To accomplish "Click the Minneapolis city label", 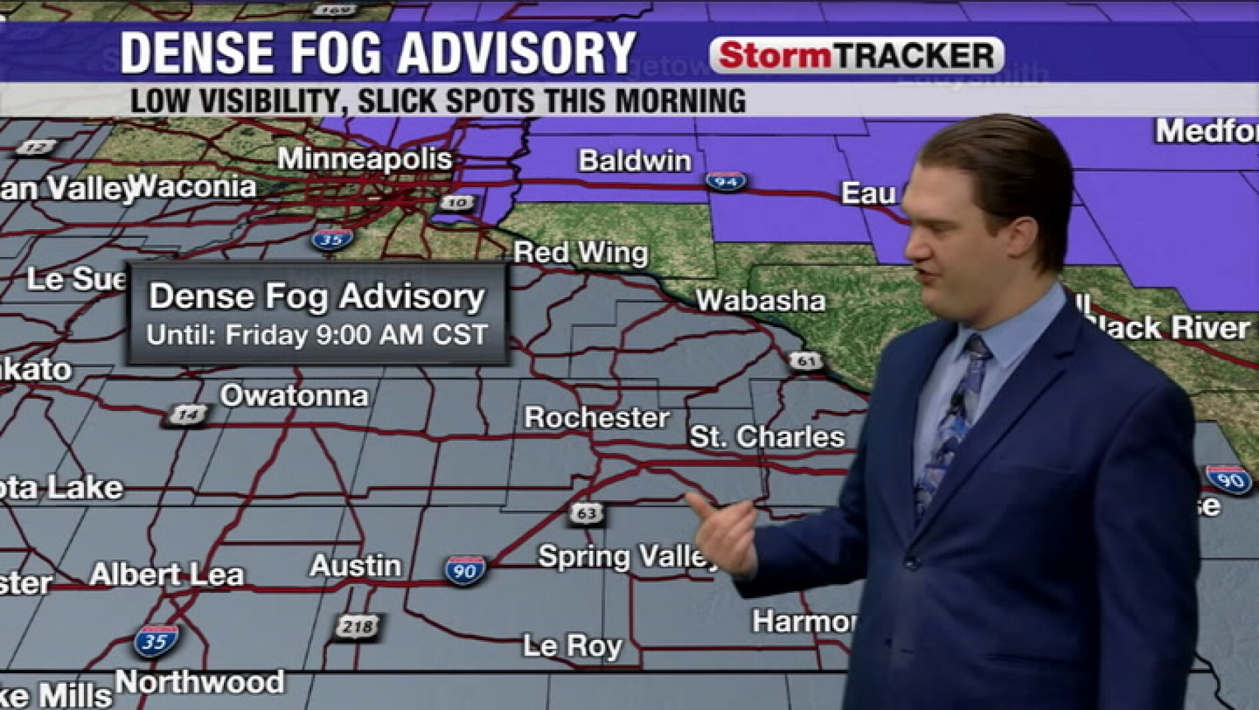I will pos(364,159).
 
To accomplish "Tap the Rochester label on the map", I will pos(596,418).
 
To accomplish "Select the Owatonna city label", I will pos(294,396).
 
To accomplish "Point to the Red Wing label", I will pos(580,252).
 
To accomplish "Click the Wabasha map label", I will pos(761,301).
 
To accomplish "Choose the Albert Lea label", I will pos(167,575).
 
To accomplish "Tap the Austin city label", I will pos(356,566).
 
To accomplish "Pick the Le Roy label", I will pos(572,645).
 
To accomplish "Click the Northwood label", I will pos(200,682).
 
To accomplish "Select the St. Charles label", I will pos(767,437).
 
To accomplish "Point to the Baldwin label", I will pos(635,161).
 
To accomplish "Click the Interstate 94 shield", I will pos(725,180).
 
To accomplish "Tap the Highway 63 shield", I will pos(586,514).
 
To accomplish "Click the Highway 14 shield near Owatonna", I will pos(187,415).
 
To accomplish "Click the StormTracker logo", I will pos(857,55).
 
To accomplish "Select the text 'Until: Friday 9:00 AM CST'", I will pos(317,334).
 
